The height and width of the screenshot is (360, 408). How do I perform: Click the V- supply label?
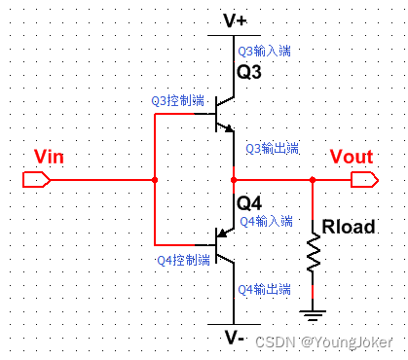tap(234, 339)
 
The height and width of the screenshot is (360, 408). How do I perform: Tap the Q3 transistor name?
tap(250, 73)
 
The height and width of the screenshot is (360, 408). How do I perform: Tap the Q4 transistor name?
tap(250, 203)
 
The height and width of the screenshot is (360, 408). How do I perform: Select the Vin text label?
tap(49, 158)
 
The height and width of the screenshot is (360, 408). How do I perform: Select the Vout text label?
tap(351, 158)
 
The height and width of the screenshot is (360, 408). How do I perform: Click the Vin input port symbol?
tap(35, 180)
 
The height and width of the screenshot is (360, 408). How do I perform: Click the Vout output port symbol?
tap(364, 180)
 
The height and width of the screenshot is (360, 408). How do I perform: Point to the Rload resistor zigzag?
tap(312, 254)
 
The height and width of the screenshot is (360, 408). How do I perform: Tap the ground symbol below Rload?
tap(312, 314)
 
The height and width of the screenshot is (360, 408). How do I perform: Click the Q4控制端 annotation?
tap(184, 260)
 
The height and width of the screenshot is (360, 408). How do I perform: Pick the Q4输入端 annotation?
tap(265, 221)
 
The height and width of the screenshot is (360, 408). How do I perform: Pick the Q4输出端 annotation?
tap(265, 289)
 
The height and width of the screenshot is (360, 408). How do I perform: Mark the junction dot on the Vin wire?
tap(155, 180)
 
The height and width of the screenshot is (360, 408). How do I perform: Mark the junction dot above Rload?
tap(312, 180)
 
